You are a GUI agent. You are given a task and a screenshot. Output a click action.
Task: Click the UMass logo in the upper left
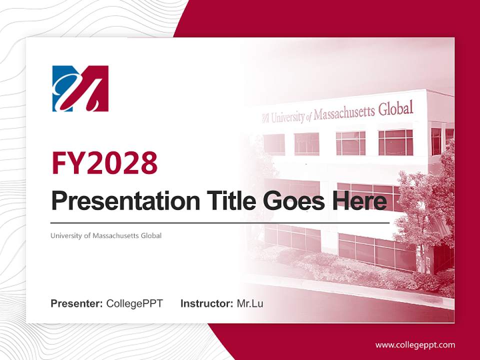coord(80,88)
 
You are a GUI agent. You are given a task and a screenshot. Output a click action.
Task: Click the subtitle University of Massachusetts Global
coord(106,235)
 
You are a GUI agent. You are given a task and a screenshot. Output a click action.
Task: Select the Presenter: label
coord(76,303)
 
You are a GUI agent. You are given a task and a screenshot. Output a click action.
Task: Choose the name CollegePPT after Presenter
coord(134,303)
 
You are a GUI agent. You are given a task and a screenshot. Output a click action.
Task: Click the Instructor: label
coord(206,303)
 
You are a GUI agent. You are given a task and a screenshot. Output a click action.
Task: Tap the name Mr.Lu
coord(250,303)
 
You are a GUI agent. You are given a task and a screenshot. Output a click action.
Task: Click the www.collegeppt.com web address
coord(415,345)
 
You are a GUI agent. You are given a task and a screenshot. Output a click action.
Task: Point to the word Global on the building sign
coord(396,108)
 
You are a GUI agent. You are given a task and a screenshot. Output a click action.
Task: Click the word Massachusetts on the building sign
coord(344,112)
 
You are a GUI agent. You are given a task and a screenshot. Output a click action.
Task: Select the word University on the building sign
coord(287,116)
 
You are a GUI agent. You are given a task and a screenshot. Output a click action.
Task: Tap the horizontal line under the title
coord(220,222)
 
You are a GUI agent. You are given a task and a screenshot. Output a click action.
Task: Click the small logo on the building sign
coord(265,118)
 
